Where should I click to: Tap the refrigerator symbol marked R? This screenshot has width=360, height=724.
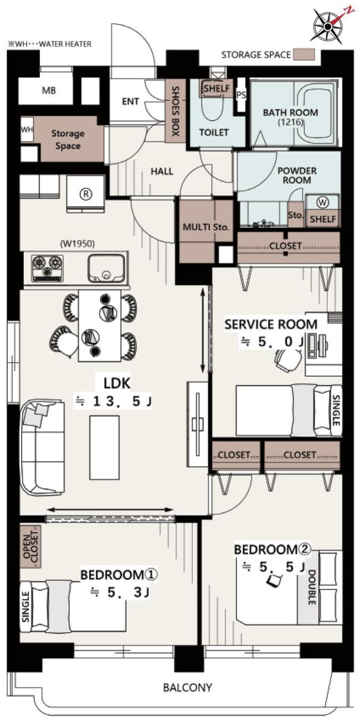pos(86,194)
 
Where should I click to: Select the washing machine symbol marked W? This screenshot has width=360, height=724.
pos(322,203)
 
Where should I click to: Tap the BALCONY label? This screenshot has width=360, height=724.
pos(188,687)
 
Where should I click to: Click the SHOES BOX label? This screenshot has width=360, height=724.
pos(176,111)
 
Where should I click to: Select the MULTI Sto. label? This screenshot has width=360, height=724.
pos(206,227)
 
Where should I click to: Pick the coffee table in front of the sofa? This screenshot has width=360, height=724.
pos(105,448)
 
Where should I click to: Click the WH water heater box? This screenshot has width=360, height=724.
pos(27,130)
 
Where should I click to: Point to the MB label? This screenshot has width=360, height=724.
pos(49,91)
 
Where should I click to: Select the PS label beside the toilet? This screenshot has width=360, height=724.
pos(241,95)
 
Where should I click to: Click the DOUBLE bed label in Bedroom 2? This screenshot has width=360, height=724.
pos(311,587)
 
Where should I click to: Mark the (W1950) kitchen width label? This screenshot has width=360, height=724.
pos(78,244)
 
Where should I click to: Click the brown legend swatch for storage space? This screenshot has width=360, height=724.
pos(304,54)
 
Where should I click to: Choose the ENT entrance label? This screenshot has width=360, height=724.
pos(130,101)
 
